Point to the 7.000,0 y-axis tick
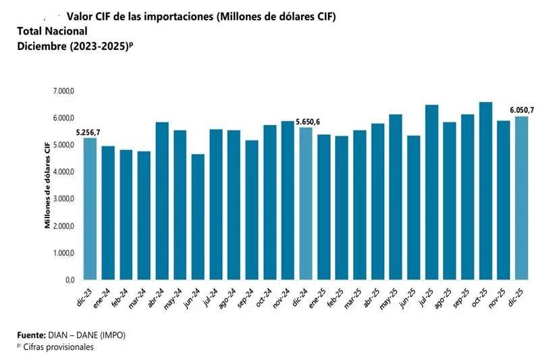(63, 91)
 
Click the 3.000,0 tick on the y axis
(63, 199)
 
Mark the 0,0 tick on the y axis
(70, 280)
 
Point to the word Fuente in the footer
(31, 334)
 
